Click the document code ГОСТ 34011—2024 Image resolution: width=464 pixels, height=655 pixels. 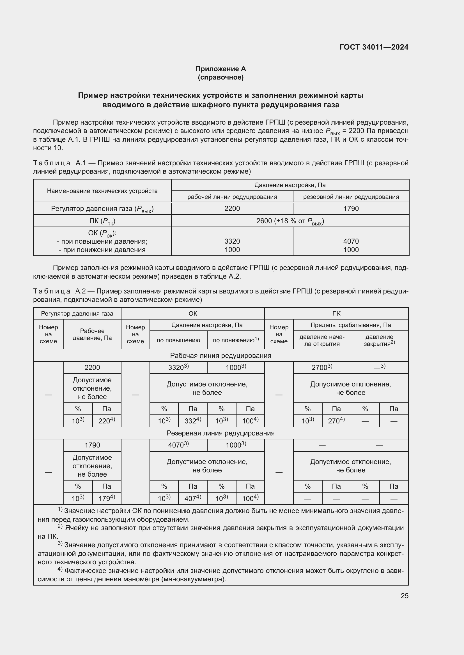tap(374, 47)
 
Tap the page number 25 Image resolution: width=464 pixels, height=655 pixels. tap(404, 596)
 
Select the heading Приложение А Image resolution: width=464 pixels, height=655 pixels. tap(220, 69)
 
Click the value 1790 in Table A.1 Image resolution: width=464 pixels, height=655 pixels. tap(351, 209)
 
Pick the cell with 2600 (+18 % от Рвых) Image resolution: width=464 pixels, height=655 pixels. tap(290, 221)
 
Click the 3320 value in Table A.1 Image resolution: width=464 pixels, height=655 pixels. tap(232, 241)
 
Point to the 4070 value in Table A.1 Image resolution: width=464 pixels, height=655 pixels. tap(351, 241)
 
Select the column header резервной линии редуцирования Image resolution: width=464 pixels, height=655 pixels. tap(351, 197)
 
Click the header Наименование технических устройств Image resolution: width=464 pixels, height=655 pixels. tap(102, 191)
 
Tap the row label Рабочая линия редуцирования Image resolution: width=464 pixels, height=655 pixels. tap(220, 355)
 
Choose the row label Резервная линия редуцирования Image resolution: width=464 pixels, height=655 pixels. tap(220, 433)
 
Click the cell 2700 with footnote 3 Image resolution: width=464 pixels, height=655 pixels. tap(322, 367)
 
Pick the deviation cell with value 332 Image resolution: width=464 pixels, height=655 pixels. tap(192, 421)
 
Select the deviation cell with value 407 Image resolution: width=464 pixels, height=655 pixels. tap(192, 498)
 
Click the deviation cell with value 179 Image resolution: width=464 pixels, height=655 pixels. tap(106, 498)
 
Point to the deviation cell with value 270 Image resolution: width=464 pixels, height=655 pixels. tap(336, 421)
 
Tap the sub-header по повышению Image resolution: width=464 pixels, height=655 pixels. tap(178, 340)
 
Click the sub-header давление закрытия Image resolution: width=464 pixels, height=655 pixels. tap(379, 340)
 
